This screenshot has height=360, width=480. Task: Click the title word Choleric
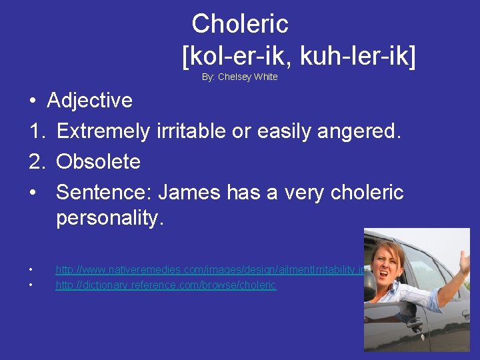(x=240, y=24)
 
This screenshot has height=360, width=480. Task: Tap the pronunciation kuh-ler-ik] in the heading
(x=358, y=57)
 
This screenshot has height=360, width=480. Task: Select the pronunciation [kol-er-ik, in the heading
(x=237, y=57)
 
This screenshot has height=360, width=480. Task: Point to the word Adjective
(x=89, y=101)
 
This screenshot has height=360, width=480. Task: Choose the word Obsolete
(x=98, y=162)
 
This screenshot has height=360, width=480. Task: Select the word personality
(x=109, y=219)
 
